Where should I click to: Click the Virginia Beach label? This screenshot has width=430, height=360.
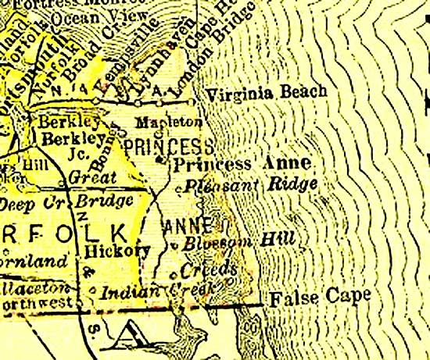[265, 93]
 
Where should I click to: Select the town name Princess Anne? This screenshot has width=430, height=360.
[242, 164]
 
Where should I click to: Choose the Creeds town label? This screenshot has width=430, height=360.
[208, 269]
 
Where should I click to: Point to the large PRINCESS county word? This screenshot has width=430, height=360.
[168, 146]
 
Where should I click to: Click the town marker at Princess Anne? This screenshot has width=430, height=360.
[159, 159]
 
